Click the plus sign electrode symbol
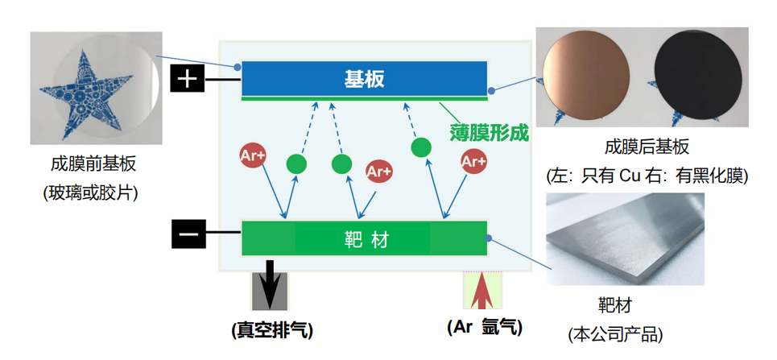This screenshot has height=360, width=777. (x=188, y=80)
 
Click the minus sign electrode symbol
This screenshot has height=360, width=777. (x=188, y=234)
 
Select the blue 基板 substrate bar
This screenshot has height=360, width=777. (x=364, y=78)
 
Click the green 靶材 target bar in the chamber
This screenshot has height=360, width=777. (x=364, y=238)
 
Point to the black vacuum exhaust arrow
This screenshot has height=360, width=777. (x=270, y=283)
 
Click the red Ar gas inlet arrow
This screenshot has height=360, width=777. (x=483, y=290)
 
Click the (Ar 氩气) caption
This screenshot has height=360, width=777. (x=485, y=327)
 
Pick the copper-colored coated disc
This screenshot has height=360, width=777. (x=585, y=82)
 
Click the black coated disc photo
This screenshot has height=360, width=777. (x=698, y=80)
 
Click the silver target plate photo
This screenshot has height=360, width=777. (x=626, y=239)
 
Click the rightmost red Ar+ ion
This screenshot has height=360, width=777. (x=473, y=162)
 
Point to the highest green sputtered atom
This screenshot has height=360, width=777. (x=421, y=147)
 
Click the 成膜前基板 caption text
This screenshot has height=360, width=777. (x=93, y=163)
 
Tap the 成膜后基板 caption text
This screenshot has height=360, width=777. (x=647, y=147)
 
